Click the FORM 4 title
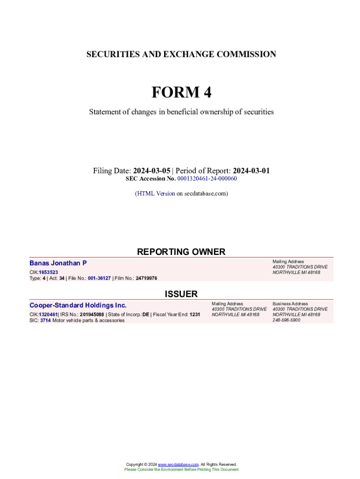[x=181, y=93]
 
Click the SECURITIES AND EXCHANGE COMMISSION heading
[x=181, y=54]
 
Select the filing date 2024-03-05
[x=151, y=171]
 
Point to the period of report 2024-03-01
[x=251, y=171]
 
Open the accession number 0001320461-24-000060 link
[x=207, y=179]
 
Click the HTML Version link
[x=156, y=193]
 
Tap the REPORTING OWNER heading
[x=181, y=252]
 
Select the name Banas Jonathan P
[x=58, y=263]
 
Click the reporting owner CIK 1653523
[x=49, y=272]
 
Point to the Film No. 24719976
[x=146, y=278]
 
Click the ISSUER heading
[x=181, y=294]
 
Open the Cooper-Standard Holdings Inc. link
[x=78, y=305]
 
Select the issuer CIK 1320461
[x=48, y=314]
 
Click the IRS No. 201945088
[x=92, y=314]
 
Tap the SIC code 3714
[x=45, y=320]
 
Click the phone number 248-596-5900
[x=286, y=320]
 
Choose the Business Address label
[x=290, y=304]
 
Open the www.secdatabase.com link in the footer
[x=178, y=464]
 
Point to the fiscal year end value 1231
[x=194, y=314]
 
